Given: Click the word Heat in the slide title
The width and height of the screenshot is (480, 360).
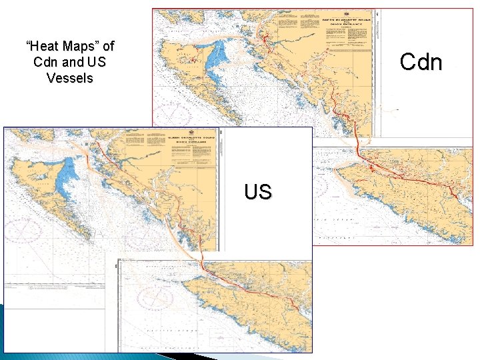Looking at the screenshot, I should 42,47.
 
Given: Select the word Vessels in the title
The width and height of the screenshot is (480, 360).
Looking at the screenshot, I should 70,77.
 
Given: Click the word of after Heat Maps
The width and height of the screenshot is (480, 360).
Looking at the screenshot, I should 107,47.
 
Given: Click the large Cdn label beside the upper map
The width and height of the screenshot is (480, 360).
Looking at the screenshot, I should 421,62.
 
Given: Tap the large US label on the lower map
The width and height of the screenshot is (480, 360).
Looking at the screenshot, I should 257,192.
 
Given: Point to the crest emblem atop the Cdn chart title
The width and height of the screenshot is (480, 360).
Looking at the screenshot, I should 347,13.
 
